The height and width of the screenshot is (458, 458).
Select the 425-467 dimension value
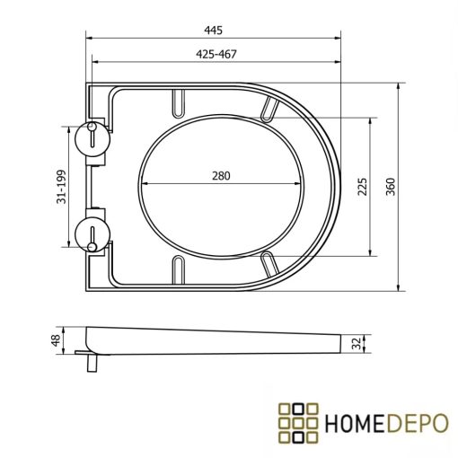click(x=216, y=54)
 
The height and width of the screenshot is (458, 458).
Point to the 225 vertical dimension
click(x=362, y=186)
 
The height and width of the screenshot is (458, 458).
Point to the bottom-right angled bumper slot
click(x=270, y=261)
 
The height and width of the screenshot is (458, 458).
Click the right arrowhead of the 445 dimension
click(x=340, y=38)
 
